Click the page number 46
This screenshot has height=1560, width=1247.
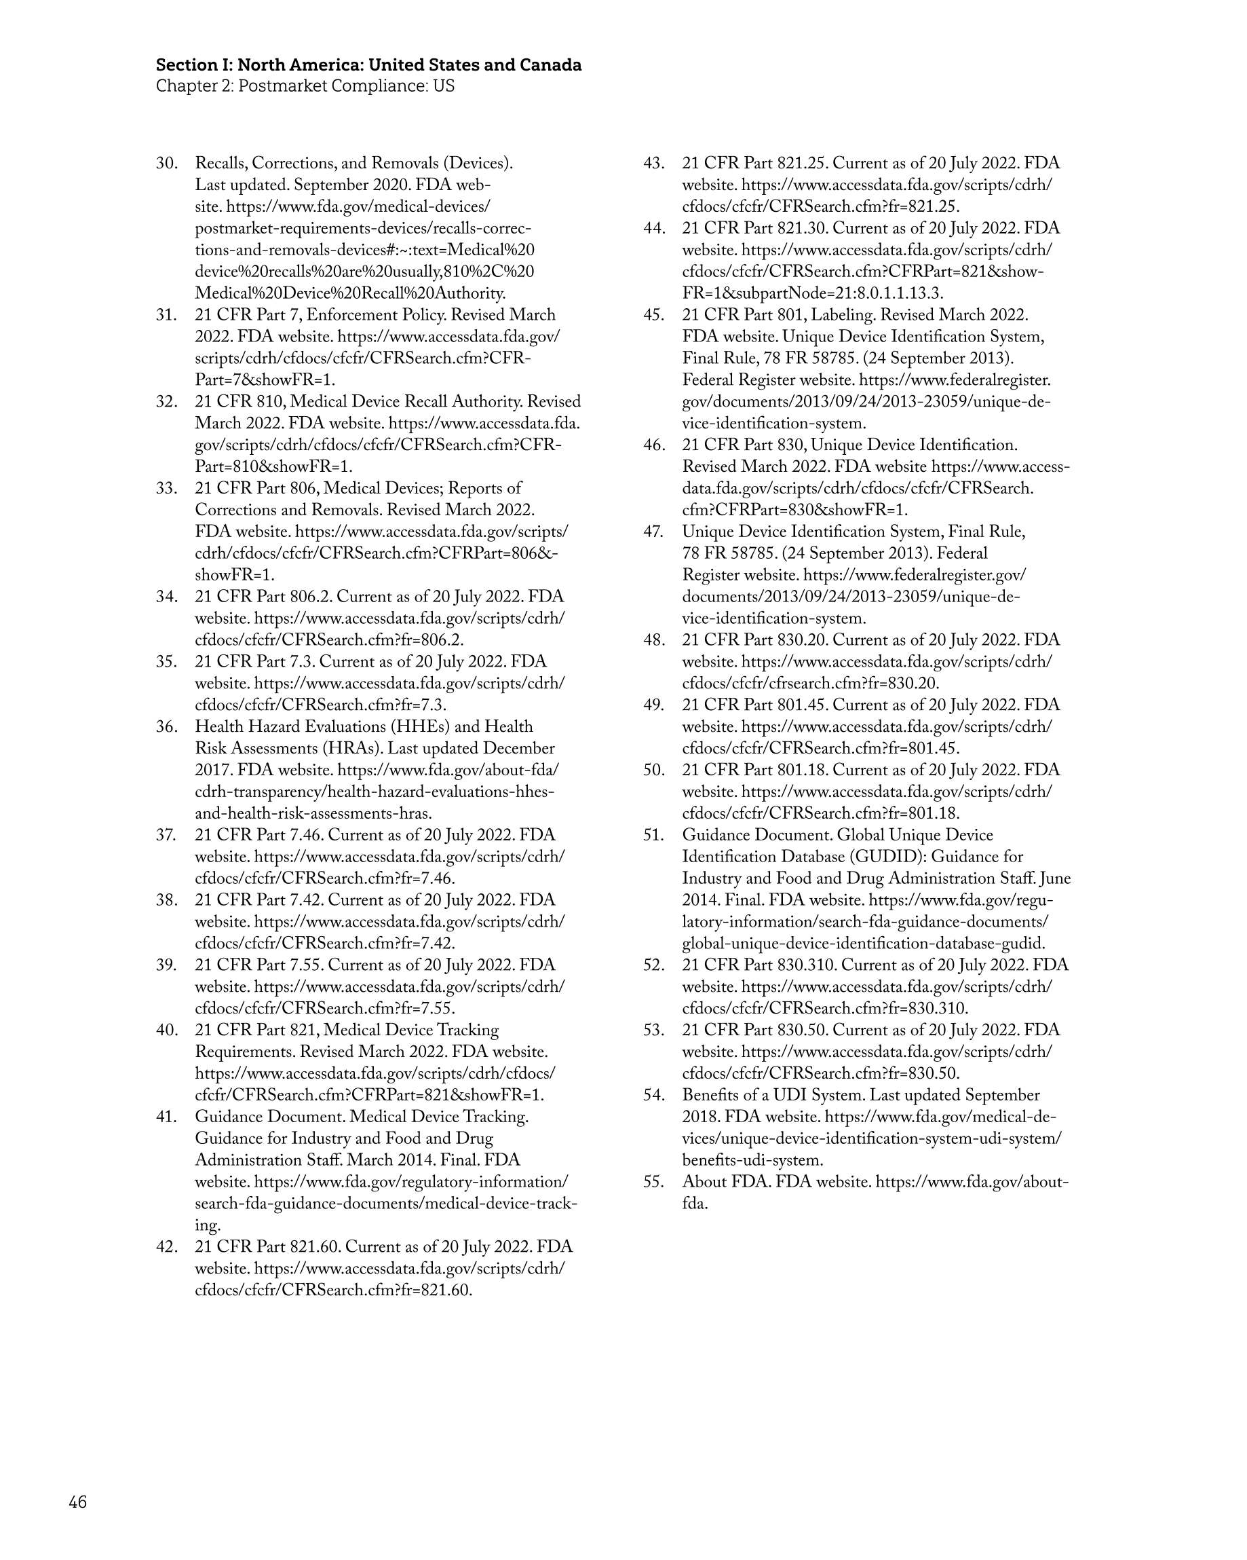coord(77,1503)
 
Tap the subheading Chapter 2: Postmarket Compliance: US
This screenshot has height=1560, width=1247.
coord(305,86)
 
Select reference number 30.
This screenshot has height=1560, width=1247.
coord(167,164)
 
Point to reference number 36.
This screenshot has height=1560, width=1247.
coord(167,726)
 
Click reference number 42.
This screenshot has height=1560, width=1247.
coord(167,1246)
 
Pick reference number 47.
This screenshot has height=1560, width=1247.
coord(654,532)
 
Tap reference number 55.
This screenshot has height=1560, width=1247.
coord(654,1182)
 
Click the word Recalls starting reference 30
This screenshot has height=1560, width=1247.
coord(220,164)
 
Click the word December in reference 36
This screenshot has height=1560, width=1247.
coord(518,748)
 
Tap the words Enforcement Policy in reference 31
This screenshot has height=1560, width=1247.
coord(375,316)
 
